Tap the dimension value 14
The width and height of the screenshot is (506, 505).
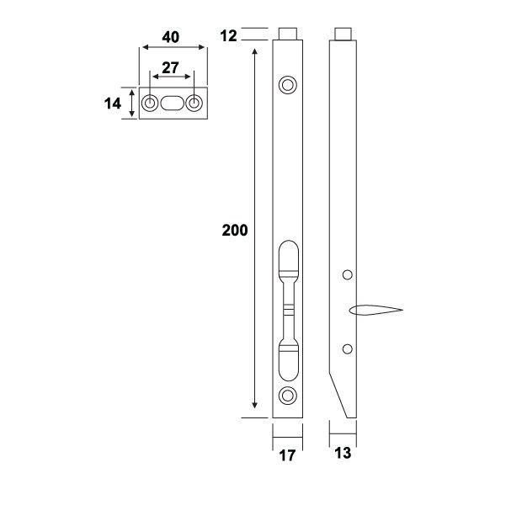[x=113, y=104]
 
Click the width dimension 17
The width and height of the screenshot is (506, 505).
[x=287, y=455]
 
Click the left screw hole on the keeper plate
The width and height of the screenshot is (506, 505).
[x=150, y=104]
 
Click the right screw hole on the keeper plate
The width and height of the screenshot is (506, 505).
[x=194, y=104]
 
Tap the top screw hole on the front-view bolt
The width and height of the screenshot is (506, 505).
[x=287, y=84]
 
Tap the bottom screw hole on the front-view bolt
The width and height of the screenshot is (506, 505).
[x=287, y=396]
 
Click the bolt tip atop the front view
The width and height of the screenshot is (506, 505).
[x=287, y=34]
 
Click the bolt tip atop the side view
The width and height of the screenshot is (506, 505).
[x=343, y=34]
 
